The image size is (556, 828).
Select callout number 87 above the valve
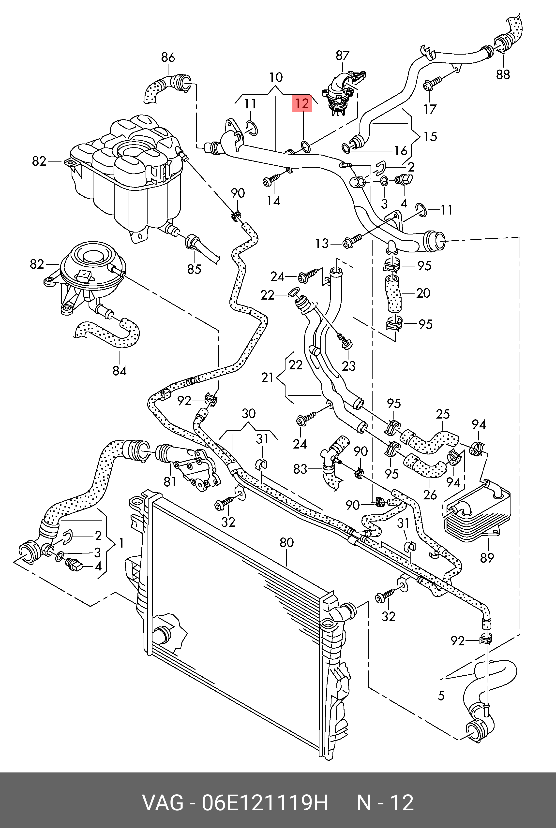(x=343, y=56)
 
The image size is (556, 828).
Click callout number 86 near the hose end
(x=168, y=58)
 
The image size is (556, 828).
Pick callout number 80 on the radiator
(x=286, y=543)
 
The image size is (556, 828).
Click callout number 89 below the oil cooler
(x=487, y=558)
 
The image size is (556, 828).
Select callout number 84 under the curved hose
(x=120, y=371)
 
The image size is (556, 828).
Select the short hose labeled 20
(x=393, y=293)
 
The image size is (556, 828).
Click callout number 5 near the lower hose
(x=441, y=696)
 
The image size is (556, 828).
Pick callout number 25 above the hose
(x=443, y=414)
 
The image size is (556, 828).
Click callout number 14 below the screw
(x=273, y=201)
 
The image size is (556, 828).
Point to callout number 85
(x=194, y=269)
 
